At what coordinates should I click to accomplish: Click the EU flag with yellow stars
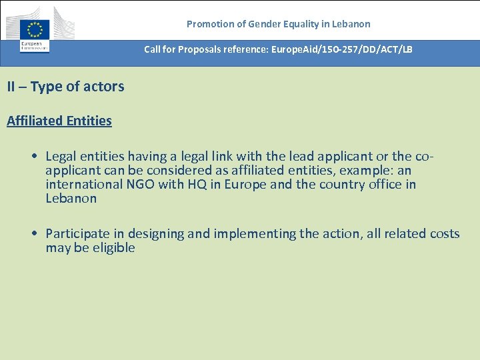click(x=35, y=30)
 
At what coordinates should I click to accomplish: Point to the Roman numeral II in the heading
click(x=12, y=87)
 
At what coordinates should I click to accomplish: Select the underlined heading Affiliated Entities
click(x=59, y=121)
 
